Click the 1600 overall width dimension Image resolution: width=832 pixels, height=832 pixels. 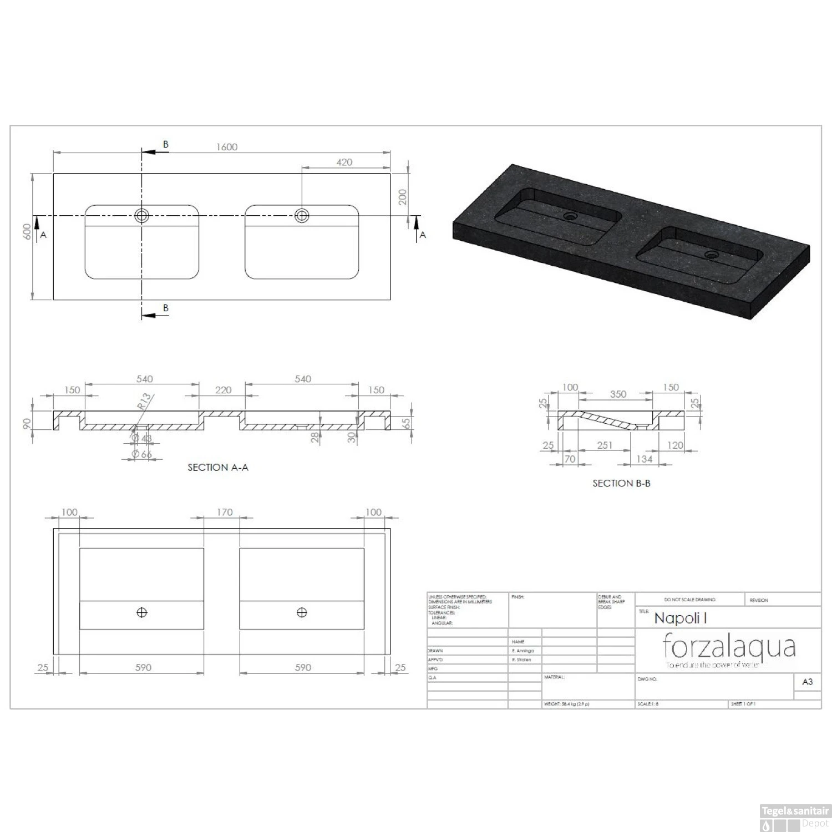226,147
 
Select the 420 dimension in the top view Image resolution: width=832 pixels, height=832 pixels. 344,162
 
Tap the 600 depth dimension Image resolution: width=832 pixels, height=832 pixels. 27,232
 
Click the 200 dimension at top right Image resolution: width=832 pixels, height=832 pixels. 403,196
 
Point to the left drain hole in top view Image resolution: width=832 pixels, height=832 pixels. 142,215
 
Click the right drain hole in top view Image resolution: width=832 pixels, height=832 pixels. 302,215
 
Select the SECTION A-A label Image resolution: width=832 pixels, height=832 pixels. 218,468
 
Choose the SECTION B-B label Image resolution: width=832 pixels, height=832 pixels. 621,483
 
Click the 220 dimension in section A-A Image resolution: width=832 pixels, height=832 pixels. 223,390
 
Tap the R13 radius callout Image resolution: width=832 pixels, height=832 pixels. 144,401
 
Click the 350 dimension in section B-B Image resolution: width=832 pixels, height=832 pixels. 618,394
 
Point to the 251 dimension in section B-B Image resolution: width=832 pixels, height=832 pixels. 605,445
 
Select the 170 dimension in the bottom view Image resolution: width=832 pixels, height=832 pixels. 225,512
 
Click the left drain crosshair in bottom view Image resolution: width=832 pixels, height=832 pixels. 142,612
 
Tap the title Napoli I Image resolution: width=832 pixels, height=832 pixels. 680,618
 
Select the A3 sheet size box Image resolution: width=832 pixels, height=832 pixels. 808,682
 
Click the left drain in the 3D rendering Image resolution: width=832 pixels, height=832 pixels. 570,215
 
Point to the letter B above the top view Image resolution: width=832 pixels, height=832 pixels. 165,144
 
